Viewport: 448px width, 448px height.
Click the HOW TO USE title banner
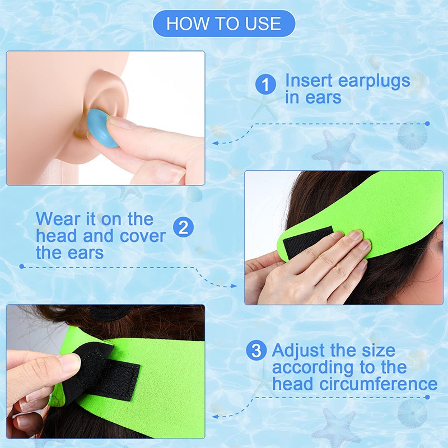tap(224, 24)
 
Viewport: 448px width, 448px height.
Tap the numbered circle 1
tap(265, 85)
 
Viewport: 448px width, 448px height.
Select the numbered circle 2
tap(184, 227)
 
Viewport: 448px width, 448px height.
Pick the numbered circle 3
tap(256, 350)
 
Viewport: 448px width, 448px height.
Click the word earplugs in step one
tap(374, 82)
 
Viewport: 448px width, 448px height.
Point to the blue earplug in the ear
tap(102, 128)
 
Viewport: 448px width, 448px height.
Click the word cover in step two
tap(143, 236)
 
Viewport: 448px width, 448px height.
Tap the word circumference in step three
tap(379, 384)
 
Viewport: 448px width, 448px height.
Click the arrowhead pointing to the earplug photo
tap(216, 143)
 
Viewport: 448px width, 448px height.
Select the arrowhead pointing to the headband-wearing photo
tap(234, 286)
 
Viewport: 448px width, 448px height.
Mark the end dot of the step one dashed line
tap(427, 123)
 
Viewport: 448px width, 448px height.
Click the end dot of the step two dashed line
tap(22, 267)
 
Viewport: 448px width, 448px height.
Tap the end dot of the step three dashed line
tap(427, 397)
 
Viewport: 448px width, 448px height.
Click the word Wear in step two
tap(58, 219)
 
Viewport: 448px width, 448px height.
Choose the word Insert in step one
tap(309, 80)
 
